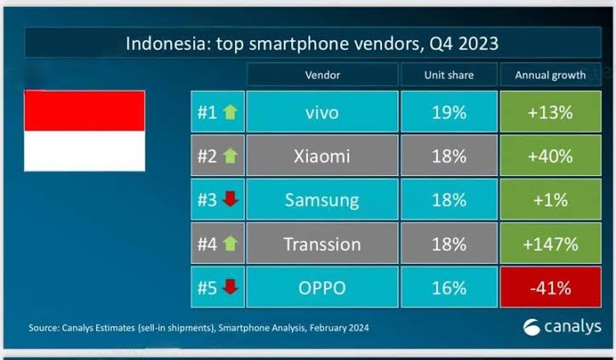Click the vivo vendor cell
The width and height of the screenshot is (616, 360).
click(322, 112)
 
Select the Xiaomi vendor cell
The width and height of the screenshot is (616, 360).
click(322, 156)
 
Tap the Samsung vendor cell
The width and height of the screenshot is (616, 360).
click(322, 200)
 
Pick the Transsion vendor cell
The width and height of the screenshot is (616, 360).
click(322, 243)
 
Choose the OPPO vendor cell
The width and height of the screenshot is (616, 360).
click(322, 288)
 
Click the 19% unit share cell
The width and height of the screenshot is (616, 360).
click(449, 112)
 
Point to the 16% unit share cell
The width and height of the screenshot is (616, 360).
click(449, 288)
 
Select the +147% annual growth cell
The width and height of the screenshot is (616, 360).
click(550, 243)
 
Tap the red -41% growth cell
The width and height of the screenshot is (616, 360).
click(550, 288)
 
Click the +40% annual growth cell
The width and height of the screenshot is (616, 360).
click(550, 156)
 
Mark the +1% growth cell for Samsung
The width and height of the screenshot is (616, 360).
click(550, 200)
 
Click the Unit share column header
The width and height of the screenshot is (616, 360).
click(449, 75)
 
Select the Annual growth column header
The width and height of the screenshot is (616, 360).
click(550, 75)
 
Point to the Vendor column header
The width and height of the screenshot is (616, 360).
click(322, 75)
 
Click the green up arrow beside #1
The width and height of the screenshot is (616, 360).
click(231, 112)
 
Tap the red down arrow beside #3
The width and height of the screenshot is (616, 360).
click(231, 199)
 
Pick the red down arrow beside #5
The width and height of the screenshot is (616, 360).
click(231, 287)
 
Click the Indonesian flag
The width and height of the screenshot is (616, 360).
click(84, 131)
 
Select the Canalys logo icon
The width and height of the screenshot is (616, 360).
click(532, 327)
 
